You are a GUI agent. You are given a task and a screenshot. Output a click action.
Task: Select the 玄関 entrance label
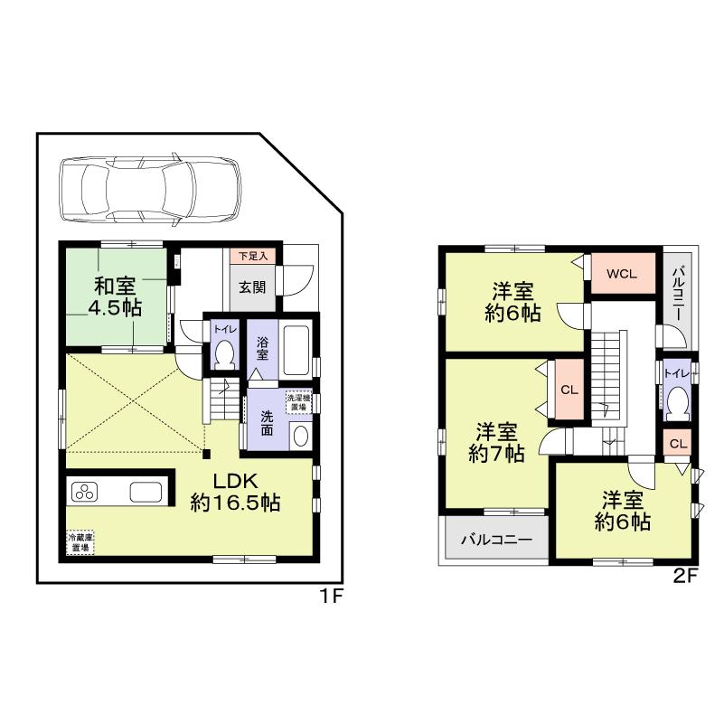(x=251, y=287)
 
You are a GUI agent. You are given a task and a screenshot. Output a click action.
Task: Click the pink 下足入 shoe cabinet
(x=252, y=257)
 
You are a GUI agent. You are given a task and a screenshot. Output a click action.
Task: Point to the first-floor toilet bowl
(x=223, y=353)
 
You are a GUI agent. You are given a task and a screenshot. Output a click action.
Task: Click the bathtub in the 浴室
(x=296, y=350)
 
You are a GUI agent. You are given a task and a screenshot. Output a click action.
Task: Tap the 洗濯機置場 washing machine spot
(x=297, y=402)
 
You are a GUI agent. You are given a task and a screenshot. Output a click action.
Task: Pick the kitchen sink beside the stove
(x=146, y=493)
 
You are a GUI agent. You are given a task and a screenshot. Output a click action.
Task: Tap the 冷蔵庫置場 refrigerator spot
(x=80, y=542)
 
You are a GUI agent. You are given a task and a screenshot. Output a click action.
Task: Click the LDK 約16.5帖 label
(x=235, y=492)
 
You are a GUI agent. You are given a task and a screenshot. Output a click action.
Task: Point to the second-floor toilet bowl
(x=675, y=400)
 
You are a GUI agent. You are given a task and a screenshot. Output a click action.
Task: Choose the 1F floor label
(x=330, y=597)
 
